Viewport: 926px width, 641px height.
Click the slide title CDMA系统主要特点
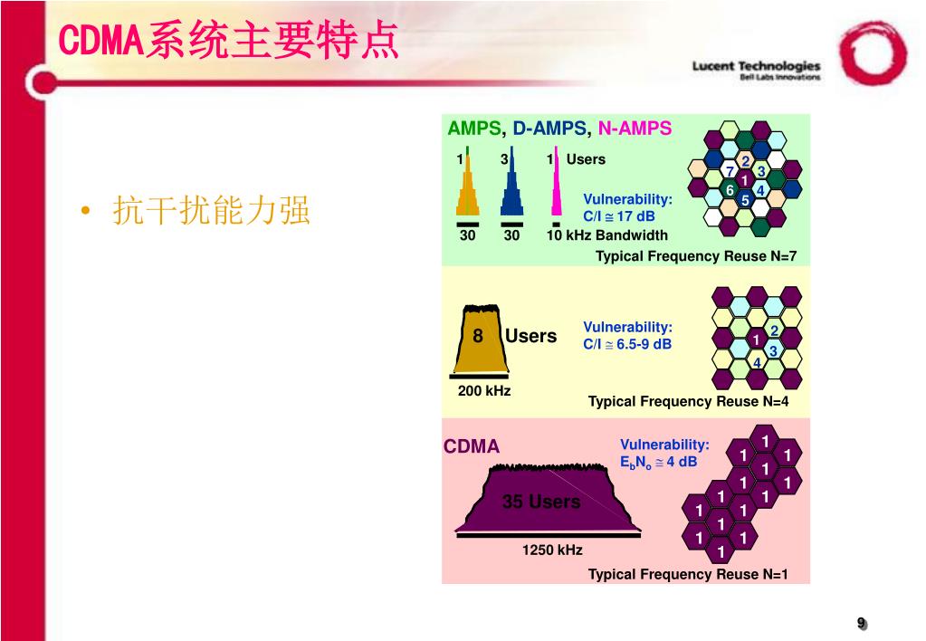(228, 42)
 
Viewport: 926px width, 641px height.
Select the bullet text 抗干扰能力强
(211, 211)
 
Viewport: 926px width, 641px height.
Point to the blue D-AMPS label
(549, 129)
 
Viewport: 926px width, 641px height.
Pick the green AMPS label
(473, 129)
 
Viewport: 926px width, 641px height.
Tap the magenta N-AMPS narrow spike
(556, 190)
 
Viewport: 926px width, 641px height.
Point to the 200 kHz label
(484, 391)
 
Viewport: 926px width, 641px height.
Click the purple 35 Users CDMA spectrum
(541, 502)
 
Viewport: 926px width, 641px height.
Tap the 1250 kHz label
(552, 550)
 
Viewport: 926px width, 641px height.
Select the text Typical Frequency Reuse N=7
(696, 256)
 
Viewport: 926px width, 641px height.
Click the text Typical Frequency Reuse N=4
(688, 402)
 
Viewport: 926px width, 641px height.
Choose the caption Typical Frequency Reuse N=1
(688, 574)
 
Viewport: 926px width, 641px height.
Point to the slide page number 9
(862, 622)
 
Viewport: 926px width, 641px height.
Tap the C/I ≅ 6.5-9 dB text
(627, 344)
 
